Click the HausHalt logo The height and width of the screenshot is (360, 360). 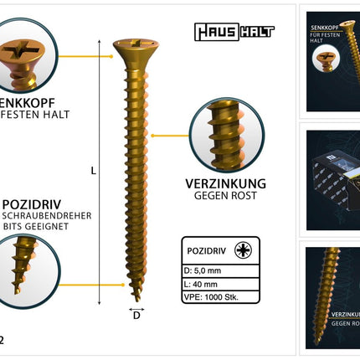[x=234, y=33]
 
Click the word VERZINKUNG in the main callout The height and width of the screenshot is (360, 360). [x=225, y=183]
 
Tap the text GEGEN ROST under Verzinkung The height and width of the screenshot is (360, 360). [x=225, y=197]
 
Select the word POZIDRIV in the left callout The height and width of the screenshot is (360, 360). [x=33, y=203]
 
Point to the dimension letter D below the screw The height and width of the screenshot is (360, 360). [x=136, y=316]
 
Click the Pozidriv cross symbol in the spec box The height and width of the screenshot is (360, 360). [x=244, y=250]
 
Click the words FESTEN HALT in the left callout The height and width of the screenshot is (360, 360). [x=39, y=115]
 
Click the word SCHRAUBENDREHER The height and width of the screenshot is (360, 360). [x=47, y=216]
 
